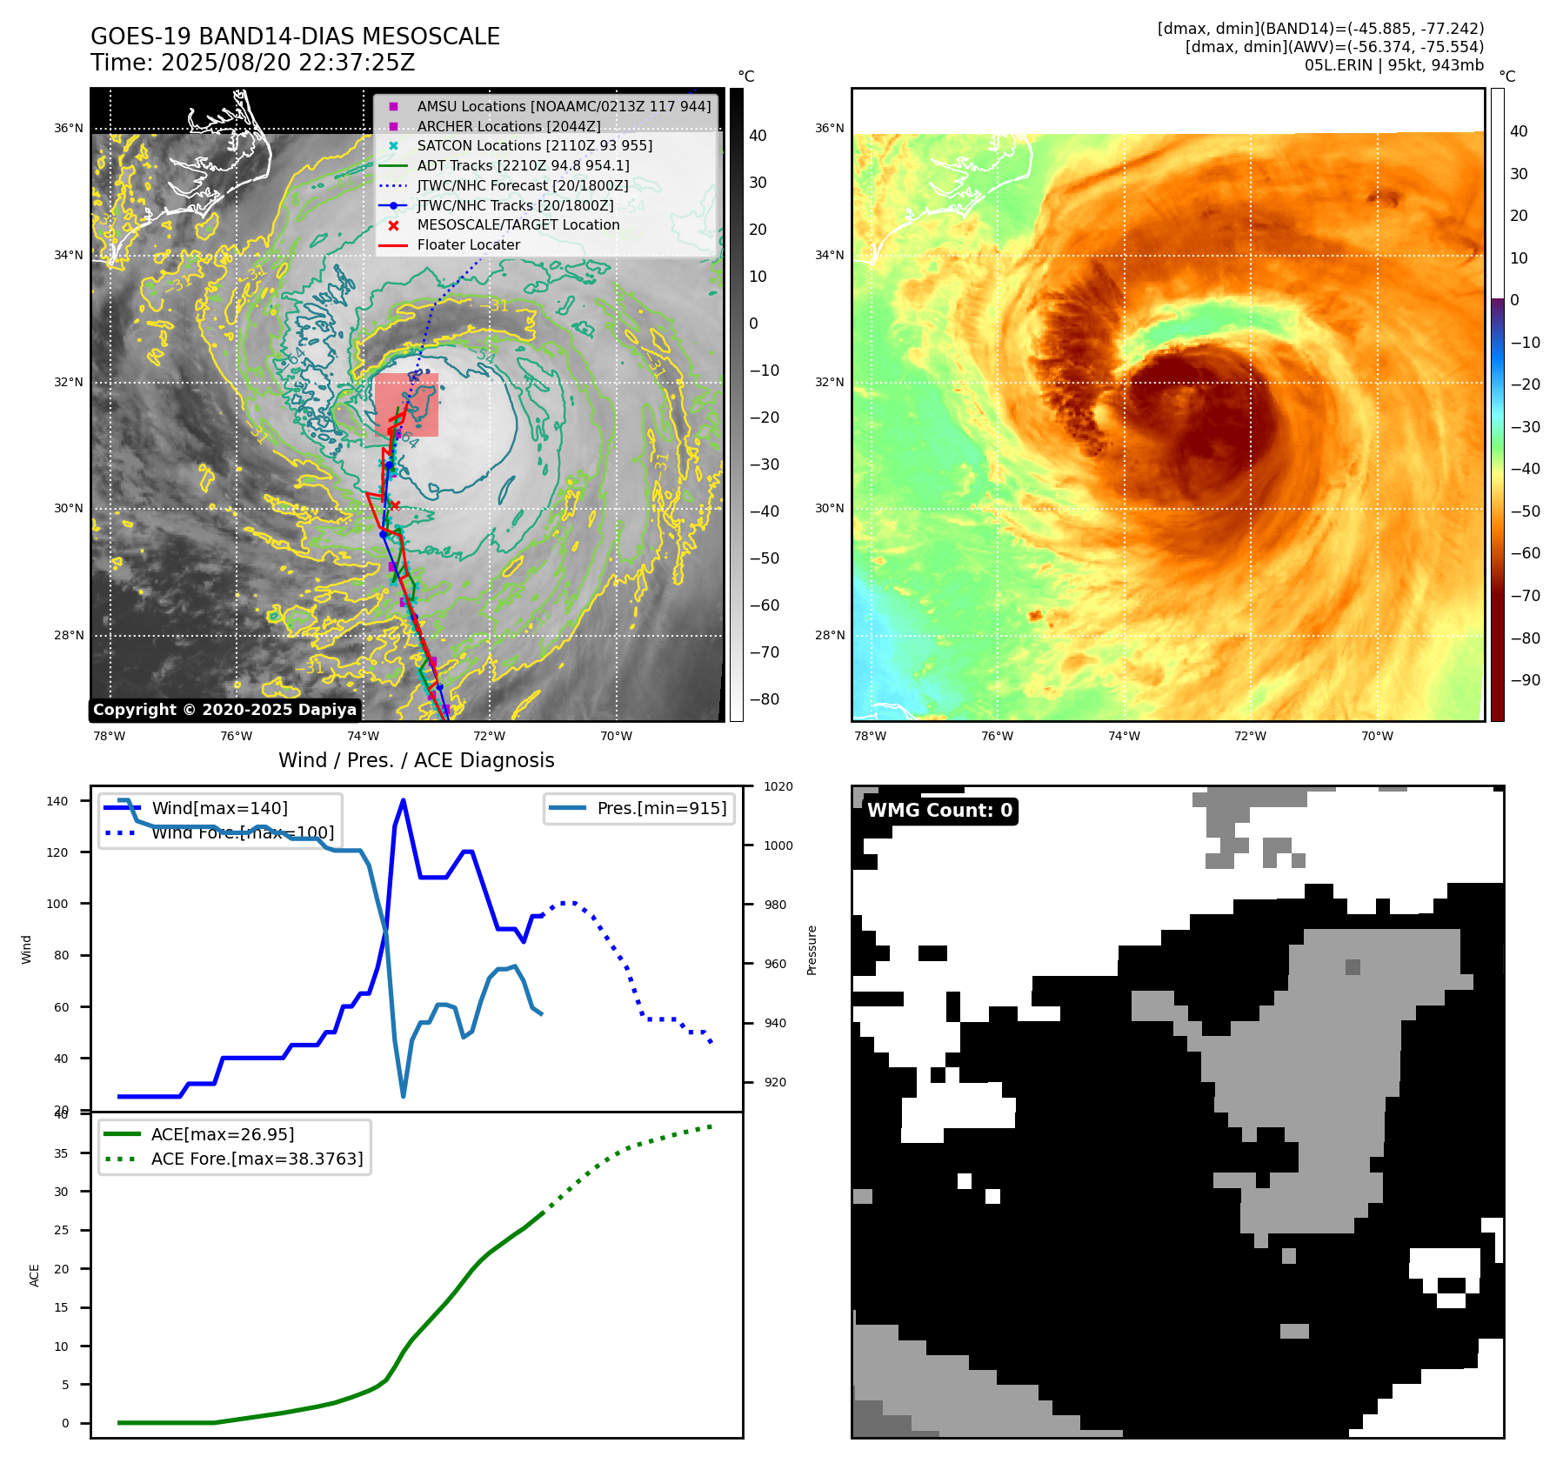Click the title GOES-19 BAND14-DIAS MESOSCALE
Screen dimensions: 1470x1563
pyautogui.click(x=295, y=37)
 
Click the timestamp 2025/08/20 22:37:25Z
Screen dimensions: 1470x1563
pyautogui.click(x=287, y=63)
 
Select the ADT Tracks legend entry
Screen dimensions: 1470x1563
pyautogui.click(x=523, y=165)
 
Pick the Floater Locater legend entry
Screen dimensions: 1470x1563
pyautogui.click(x=468, y=245)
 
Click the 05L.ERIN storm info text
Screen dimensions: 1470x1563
pyautogui.click(x=1393, y=65)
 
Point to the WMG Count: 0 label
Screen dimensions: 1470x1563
pyautogui.click(x=939, y=811)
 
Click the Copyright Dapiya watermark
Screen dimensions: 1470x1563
pyautogui.click(x=224, y=710)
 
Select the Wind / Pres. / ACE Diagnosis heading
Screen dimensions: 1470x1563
pyautogui.click(x=416, y=760)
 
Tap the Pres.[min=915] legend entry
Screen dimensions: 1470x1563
pyautogui.click(x=661, y=808)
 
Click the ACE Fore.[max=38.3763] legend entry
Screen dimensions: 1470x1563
pyautogui.click(x=257, y=1159)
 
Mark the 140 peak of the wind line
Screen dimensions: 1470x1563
pyautogui.click(x=403, y=800)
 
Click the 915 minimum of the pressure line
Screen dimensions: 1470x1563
pyautogui.click(x=403, y=1096)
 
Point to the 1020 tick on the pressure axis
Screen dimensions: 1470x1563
pyautogui.click(x=778, y=786)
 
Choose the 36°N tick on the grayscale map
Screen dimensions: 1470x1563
pyautogui.click(x=69, y=129)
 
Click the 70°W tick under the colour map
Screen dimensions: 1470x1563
pyautogui.click(x=1377, y=736)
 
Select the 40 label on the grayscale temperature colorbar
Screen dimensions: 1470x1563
pyautogui.click(x=758, y=136)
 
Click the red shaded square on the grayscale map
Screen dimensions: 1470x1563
pyautogui.click(x=406, y=405)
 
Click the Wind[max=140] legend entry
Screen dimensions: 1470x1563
pyautogui.click(x=219, y=808)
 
